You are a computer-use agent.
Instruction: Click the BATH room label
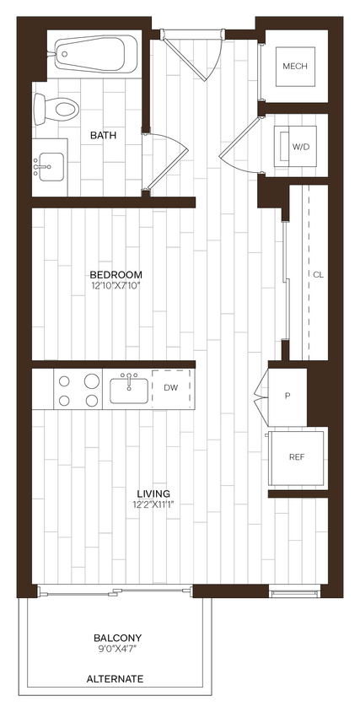pos(104,135)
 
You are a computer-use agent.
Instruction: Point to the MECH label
pos(294,67)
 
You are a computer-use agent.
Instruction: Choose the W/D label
pos(300,147)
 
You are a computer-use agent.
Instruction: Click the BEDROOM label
pos(116,274)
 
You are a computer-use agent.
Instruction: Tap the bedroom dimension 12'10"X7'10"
pos(116,287)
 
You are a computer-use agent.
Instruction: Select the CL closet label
pos(318,274)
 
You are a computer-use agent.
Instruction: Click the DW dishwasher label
pos(171,388)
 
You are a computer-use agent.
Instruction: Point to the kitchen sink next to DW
pos(129,391)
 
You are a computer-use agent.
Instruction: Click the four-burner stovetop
pos(78,391)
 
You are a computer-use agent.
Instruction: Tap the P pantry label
pos(287,395)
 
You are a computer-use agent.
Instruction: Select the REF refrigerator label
pos(296,456)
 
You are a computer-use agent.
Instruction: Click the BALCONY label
pos(116,638)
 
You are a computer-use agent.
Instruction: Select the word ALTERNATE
pos(116,678)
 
